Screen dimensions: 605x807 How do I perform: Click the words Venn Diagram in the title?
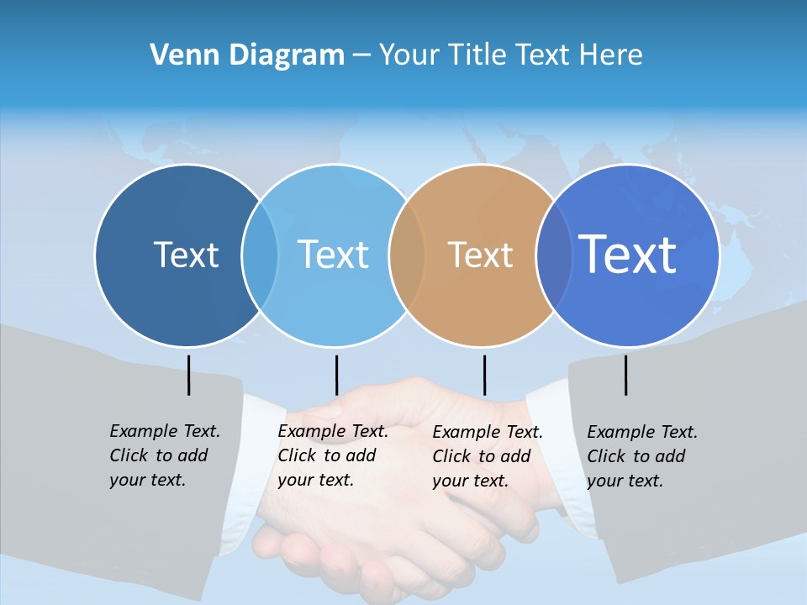pos(247,55)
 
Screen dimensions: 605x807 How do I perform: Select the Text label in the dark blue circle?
pos(186,255)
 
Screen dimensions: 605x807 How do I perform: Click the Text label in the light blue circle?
pos(333,255)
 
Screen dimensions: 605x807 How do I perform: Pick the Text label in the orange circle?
pos(480,255)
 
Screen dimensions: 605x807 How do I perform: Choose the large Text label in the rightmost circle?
pos(628,254)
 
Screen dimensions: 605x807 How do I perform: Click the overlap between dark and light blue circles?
pos(260,255)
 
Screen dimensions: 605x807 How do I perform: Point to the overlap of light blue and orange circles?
pos(407,255)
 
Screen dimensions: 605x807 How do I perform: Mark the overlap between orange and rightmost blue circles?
pos(554,255)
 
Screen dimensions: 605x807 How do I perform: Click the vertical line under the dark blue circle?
pos(188,375)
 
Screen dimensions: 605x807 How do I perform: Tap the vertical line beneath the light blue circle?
pos(336,375)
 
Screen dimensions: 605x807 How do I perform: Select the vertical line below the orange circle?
pos(484,375)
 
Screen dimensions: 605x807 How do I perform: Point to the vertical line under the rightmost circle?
pos(625,375)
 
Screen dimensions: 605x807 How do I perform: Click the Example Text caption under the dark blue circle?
pos(165,455)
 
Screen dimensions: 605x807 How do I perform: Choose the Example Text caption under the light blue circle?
pos(333,455)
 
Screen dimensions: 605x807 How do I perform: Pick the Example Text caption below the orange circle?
pos(488,456)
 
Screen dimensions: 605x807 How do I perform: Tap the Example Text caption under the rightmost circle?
pos(642,456)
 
